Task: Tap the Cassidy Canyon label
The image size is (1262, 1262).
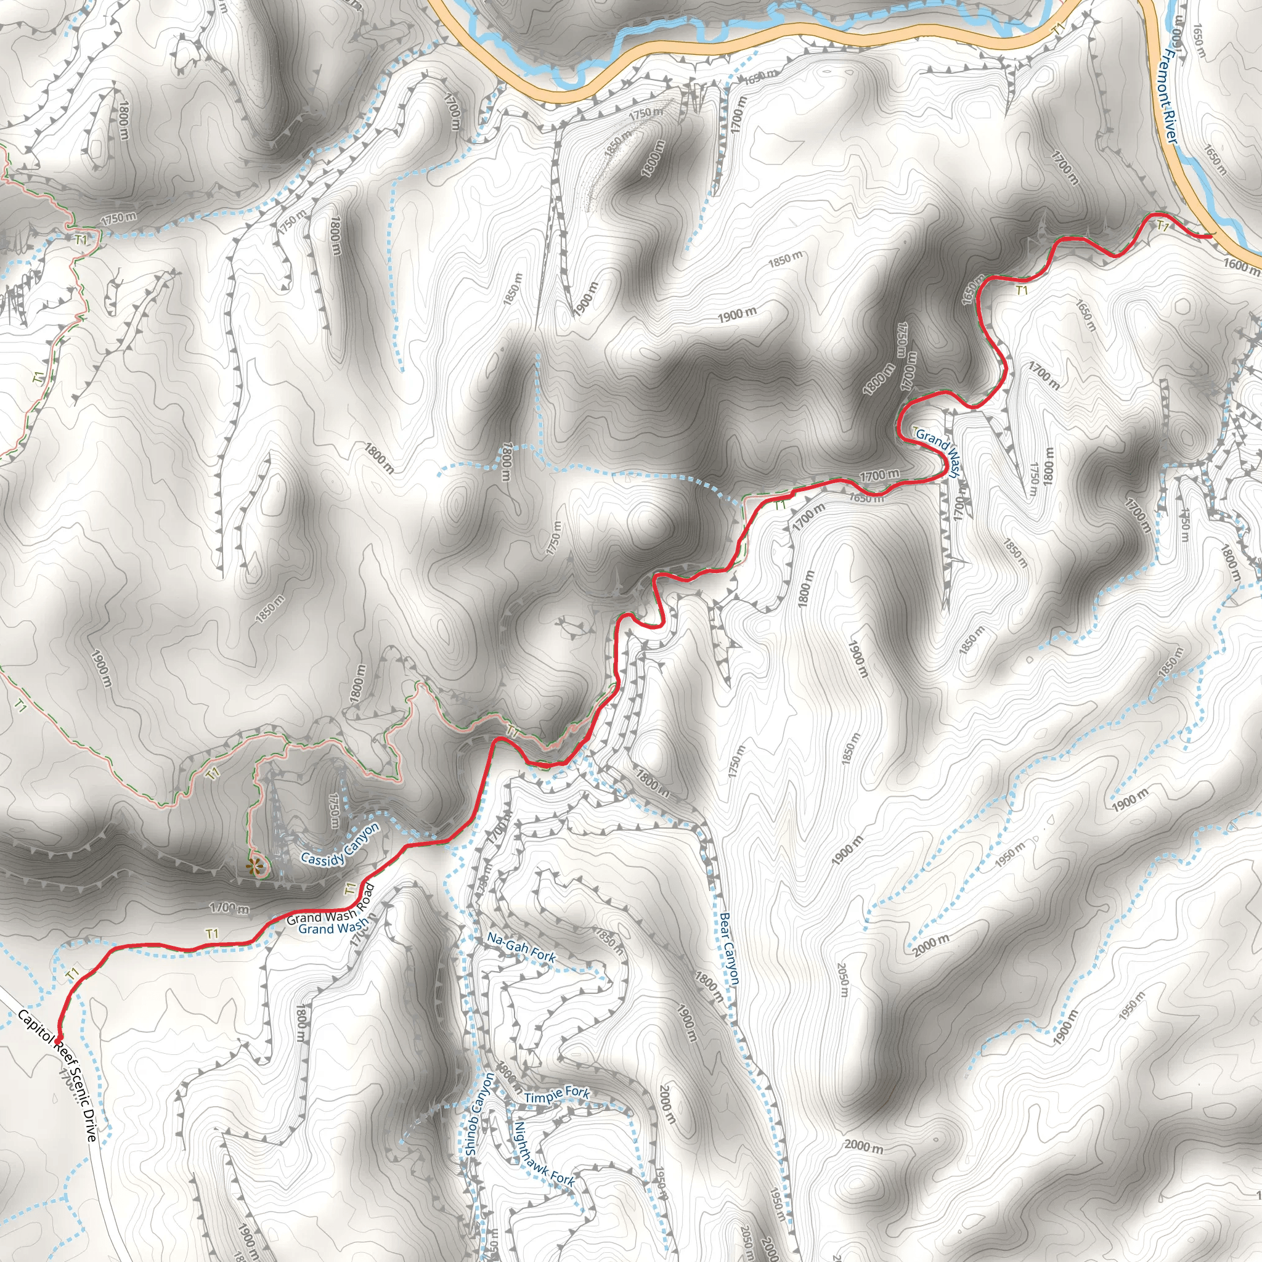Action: (340, 845)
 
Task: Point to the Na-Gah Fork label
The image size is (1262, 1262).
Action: (521, 948)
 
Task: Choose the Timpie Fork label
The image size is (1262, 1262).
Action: (556, 1095)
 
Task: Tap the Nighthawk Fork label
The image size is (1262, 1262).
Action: (543, 1155)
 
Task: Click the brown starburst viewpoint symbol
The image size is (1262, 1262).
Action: (254, 867)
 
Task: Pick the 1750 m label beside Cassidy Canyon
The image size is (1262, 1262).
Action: (334, 812)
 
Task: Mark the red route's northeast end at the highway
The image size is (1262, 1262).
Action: (1210, 235)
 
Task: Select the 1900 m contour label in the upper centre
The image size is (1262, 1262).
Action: (738, 315)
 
